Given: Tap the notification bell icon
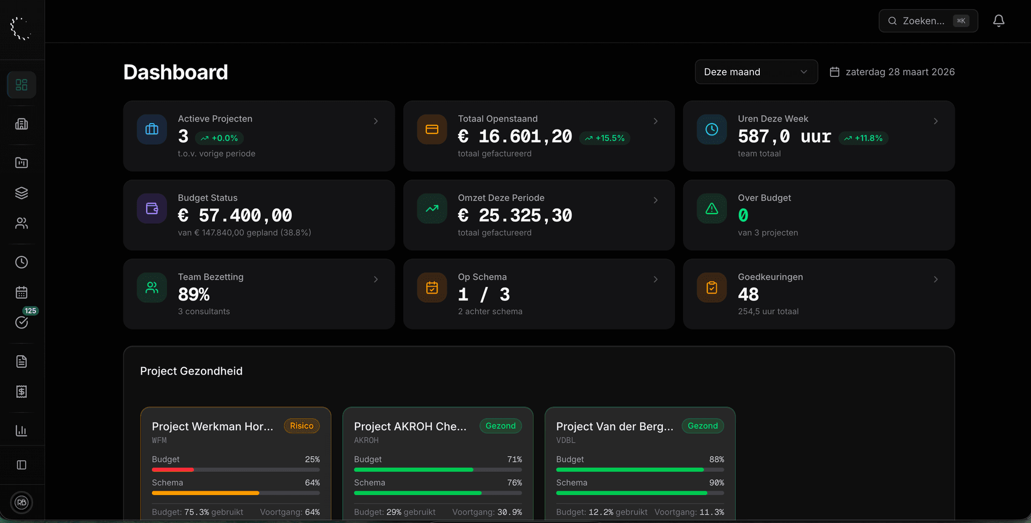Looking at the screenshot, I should click(998, 21).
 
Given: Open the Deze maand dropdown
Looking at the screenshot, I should click(756, 72).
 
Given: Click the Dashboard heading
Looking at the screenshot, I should click(176, 72).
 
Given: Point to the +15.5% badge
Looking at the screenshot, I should click(605, 138).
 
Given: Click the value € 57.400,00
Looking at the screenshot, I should click(235, 216).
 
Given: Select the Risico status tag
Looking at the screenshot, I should click(301, 426).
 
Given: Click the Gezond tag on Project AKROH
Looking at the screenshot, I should click(500, 426).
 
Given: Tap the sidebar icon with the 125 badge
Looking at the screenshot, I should click(21, 322).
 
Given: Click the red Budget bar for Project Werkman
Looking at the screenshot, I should click(172, 470).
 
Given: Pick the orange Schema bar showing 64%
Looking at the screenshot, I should click(205, 493).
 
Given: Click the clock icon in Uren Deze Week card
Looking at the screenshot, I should click(711, 130).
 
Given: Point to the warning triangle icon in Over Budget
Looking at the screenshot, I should click(711, 209).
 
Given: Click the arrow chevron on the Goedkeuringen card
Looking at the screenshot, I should click(935, 280).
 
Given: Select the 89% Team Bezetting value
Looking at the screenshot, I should click(194, 295).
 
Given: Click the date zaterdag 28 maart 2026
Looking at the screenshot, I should click(899, 72).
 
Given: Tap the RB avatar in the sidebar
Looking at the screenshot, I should click(21, 503).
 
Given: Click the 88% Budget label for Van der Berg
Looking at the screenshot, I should click(716, 460).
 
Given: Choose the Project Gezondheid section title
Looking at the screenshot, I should click(191, 371).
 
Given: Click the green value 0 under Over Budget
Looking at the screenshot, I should click(743, 216).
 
